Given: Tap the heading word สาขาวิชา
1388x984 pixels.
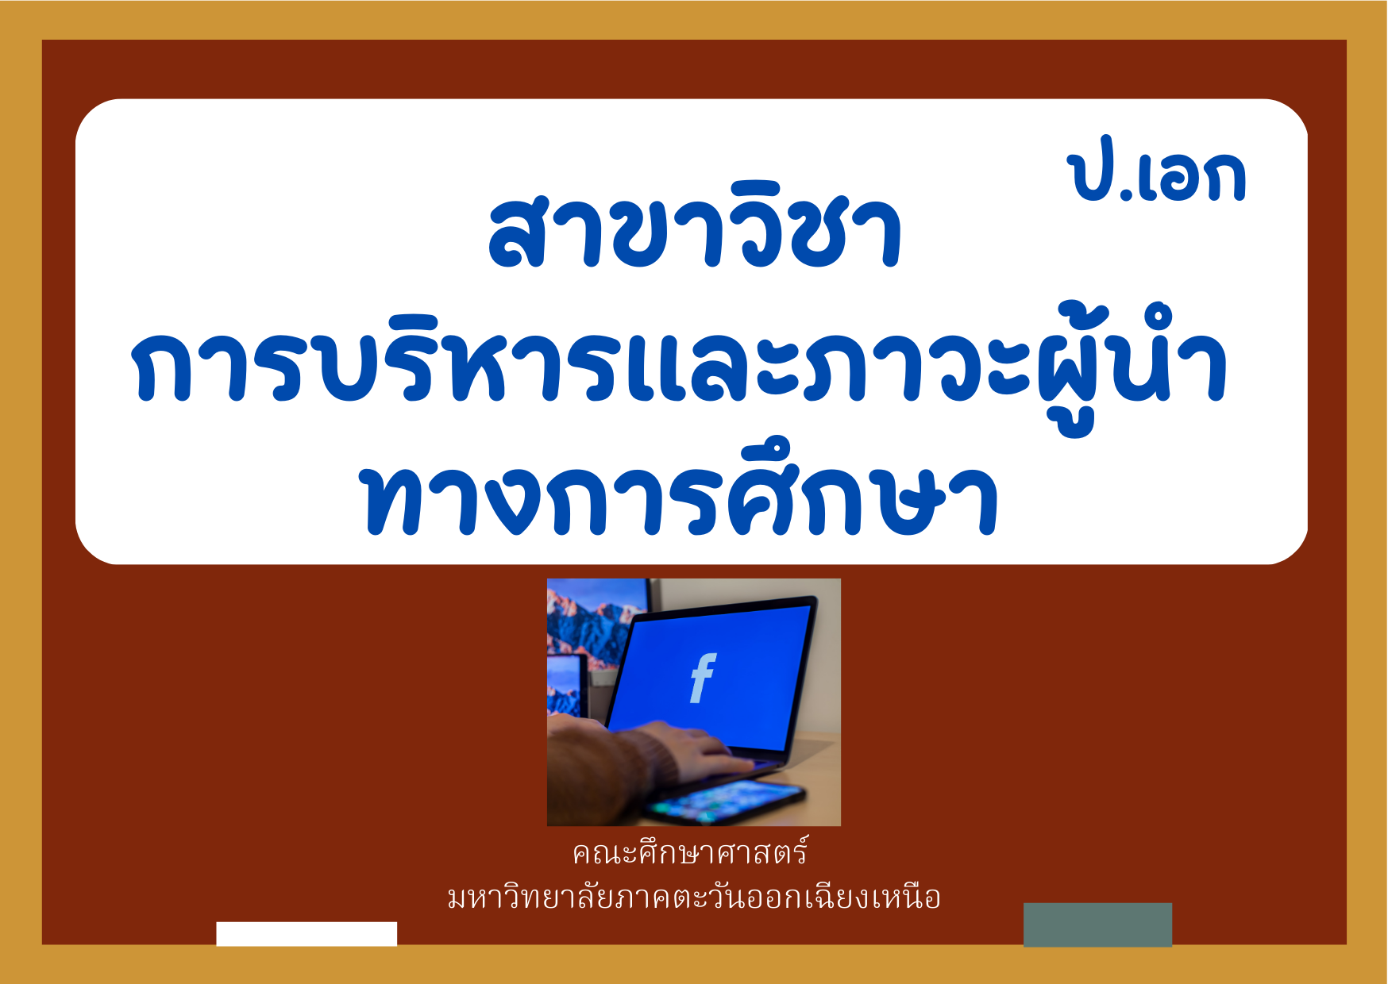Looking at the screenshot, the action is pyautogui.click(x=695, y=229).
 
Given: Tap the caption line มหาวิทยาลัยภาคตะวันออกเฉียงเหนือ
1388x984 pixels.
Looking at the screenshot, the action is pyautogui.click(x=693, y=897).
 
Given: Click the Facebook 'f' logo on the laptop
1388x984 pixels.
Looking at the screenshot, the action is pyautogui.click(x=703, y=678).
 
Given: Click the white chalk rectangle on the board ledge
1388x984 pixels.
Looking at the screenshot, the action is pyautogui.click(x=307, y=933).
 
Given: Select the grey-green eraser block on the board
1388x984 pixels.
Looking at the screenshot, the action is pyautogui.click(x=1097, y=924).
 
